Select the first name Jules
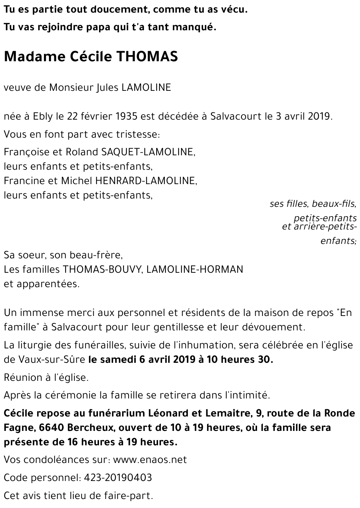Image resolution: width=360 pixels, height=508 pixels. click(108, 88)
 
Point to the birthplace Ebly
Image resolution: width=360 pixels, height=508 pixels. click(43, 116)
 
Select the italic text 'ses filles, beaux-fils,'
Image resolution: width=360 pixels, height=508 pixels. click(313, 204)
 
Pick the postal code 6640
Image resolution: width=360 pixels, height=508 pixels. click(53, 428)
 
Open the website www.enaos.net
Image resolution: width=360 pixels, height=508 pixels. click(150, 460)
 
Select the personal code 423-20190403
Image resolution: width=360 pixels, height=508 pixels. click(118, 478)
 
